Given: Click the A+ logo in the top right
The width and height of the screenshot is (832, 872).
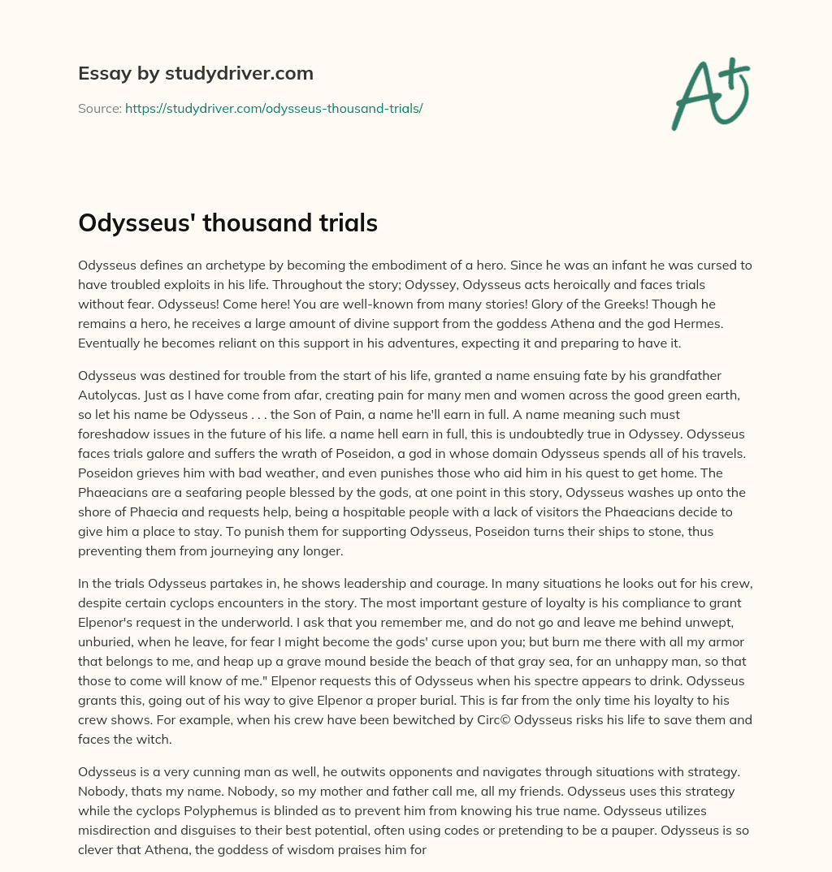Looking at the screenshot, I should (709, 93).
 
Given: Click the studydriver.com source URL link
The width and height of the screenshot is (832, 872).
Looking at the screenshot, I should (274, 108).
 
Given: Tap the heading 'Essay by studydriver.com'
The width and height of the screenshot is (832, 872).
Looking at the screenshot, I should (196, 73).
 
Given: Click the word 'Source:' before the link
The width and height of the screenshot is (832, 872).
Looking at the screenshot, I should (99, 108).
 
